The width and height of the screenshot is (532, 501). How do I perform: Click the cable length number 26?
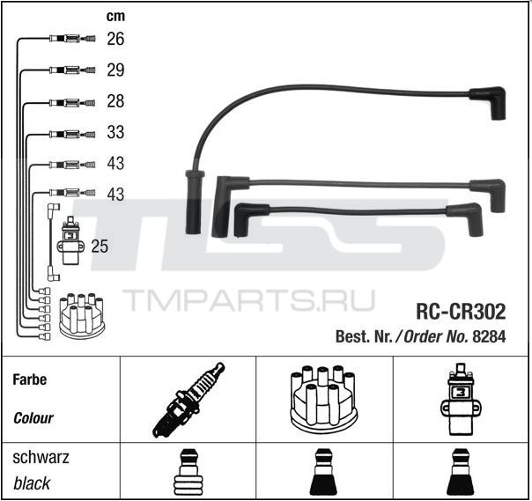(x=115, y=39)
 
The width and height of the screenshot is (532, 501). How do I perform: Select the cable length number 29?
(x=115, y=70)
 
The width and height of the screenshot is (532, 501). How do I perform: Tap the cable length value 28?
(x=115, y=101)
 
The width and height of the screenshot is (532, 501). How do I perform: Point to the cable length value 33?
(x=115, y=132)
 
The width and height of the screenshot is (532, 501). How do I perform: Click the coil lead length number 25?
(x=100, y=247)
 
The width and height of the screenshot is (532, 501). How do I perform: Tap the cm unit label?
(x=115, y=16)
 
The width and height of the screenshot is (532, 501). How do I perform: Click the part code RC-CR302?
(x=461, y=312)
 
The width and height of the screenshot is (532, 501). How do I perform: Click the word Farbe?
(x=30, y=379)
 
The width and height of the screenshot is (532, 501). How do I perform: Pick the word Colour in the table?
(x=33, y=418)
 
